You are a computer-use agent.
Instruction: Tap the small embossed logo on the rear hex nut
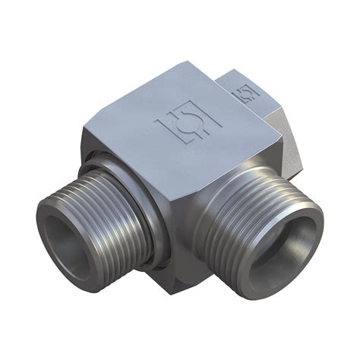[245, 94]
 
